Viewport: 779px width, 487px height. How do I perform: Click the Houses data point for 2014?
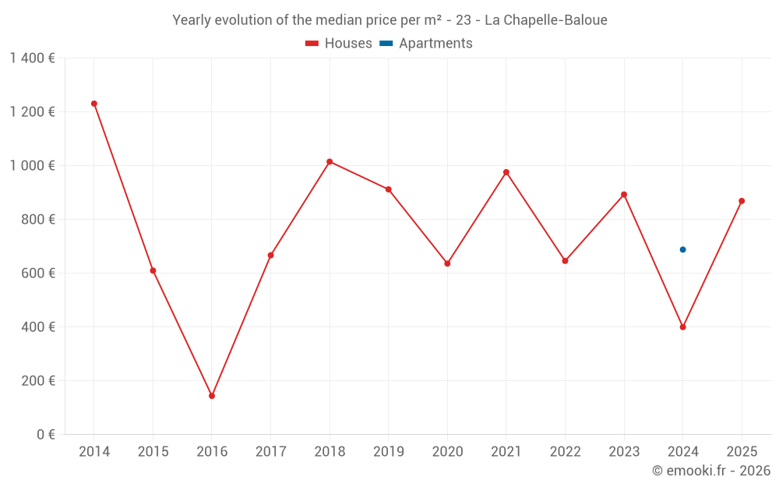point(94,104)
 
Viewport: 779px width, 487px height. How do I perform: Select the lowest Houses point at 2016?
point(212,396)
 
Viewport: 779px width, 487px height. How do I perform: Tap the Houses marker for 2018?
point(330,161)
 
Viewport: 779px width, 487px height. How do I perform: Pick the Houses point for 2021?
point(506,172)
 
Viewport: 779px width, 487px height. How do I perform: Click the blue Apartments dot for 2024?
point(683,249)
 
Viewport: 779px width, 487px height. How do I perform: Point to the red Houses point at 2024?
point(683,327)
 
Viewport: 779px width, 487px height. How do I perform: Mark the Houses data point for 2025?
point(742,201)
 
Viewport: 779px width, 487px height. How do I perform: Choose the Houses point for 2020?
point(447,263)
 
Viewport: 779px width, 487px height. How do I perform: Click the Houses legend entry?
point(339,44)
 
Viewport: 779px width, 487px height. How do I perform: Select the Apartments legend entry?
point(427,44)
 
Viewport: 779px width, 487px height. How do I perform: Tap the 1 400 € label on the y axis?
point(32,58)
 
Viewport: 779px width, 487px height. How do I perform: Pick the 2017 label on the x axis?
point(270,452)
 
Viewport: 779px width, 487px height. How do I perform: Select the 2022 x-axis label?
point(565,452)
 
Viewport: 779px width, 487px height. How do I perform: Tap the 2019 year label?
point(388,452)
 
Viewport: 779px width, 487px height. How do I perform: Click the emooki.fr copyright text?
point(711,471)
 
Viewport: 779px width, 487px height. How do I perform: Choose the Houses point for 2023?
point(624,195)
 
